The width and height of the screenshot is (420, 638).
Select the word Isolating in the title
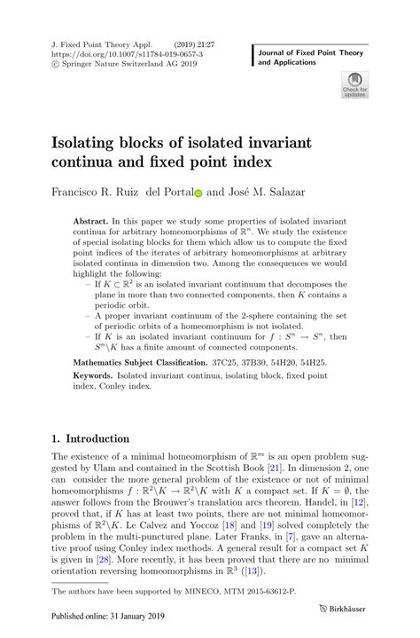[94, 140]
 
